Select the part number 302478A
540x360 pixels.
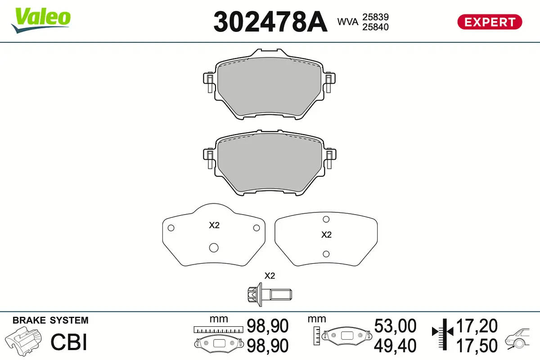pyautogui.click(x=270, y=22)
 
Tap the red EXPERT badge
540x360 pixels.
pyautogui.click(x=490, y=22)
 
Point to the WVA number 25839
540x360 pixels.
pyautogui.click(x=375, y=17)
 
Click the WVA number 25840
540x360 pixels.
pyautogui.click(x=375, y=27)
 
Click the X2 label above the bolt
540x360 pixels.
pyautogui.click(x=269, y=275)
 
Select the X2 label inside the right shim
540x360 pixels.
pyautogui.click(x=326, y=234)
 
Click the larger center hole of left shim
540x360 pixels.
pyautogui.click(x=214, y=247)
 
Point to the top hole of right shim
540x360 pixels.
pyautogui.click(x=327, y=219)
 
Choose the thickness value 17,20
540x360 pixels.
pyautogui.click(x=477, y=325)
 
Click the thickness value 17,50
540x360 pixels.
pyautogui.click(x=477, y=345)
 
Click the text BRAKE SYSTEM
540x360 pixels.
pyautogui.click(x=50, y=320)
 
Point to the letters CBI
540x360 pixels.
pyautogui.click(x=68, y=342)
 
